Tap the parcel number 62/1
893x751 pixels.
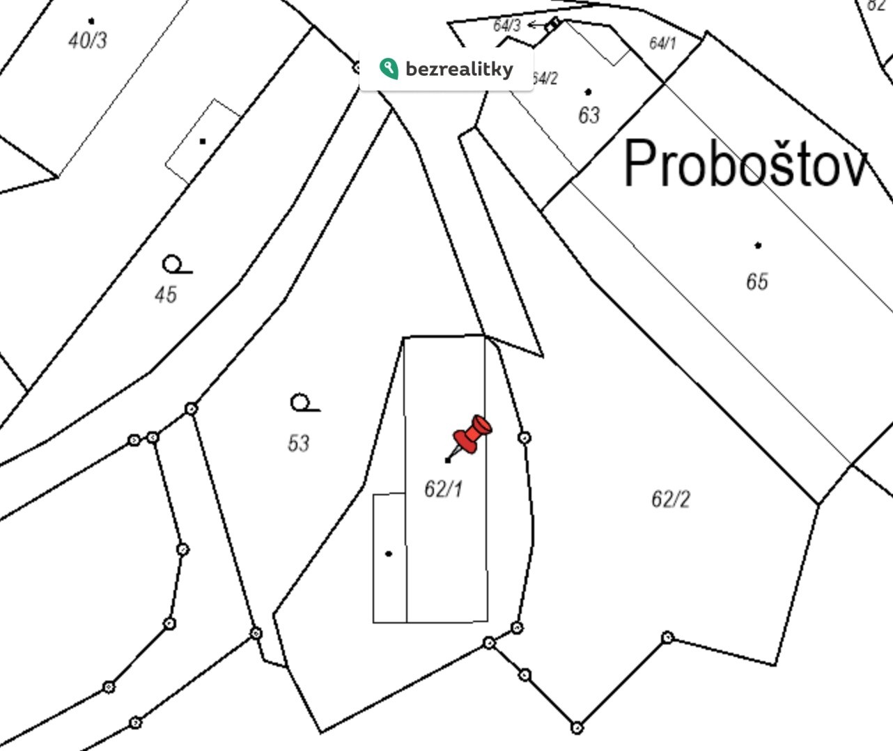(444, 489)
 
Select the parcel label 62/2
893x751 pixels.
(671, 499)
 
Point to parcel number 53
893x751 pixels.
(299, 442)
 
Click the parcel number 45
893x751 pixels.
(166, 295)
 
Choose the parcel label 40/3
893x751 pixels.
(88, 40)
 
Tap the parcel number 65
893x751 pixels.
(757, 281)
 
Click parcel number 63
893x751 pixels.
(589, 115)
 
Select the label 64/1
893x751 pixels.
(662, 42)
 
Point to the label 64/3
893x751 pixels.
(507, 25)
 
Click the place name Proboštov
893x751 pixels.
(746, 163)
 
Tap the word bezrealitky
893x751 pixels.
(459, 69)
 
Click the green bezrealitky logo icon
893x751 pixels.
(389, 68)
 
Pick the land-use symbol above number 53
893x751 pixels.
(305, 403)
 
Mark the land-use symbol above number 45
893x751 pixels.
(177, 264)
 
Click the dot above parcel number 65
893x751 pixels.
(758, 245)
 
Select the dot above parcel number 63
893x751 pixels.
(588, 92)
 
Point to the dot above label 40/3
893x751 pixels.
(91, 20)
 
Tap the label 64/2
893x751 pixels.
(545, 78)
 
